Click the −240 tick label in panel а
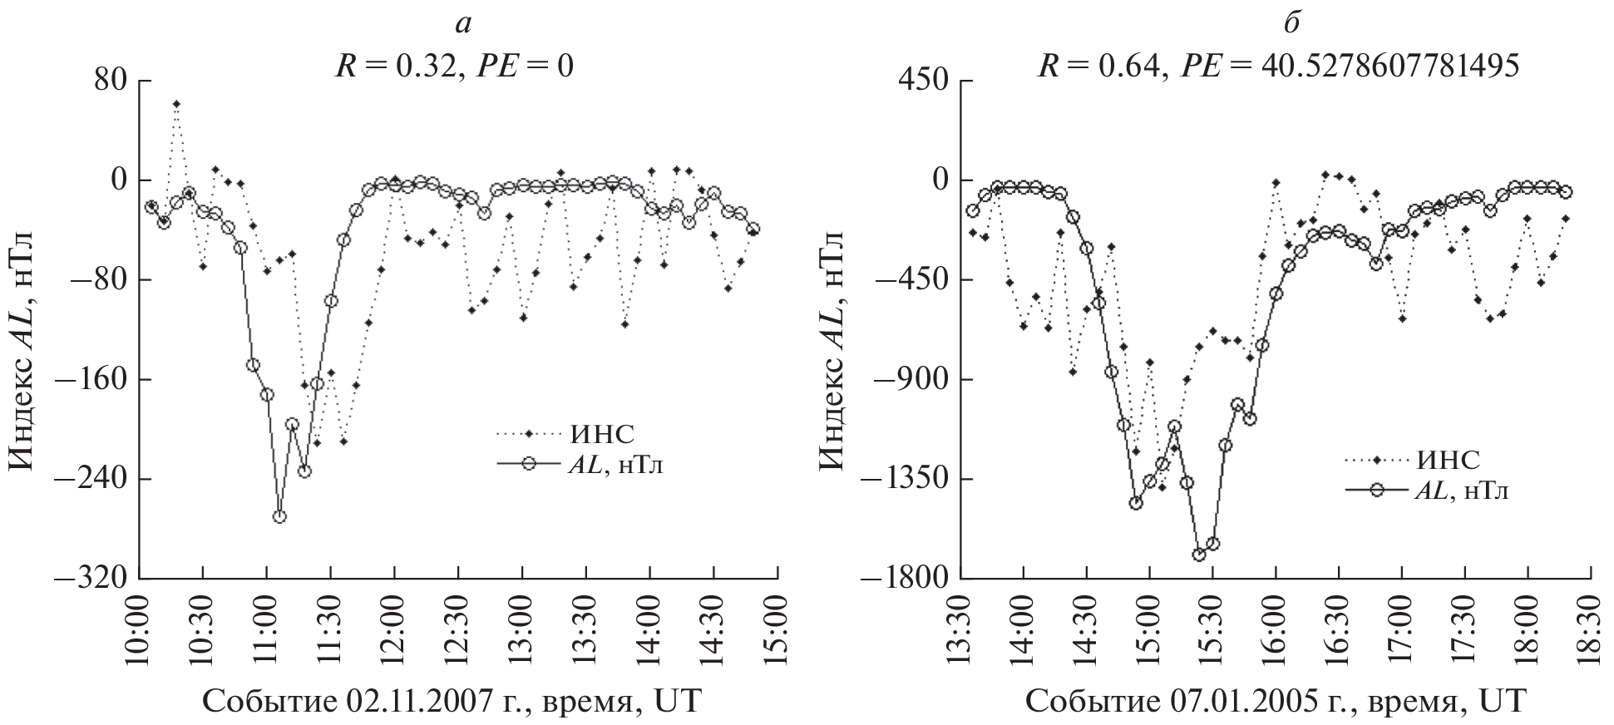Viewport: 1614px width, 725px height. click(x=91, y=480)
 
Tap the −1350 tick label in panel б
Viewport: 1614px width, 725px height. click(x=901, y=480)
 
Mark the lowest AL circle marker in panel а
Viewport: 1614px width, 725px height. click(x=280, y=516)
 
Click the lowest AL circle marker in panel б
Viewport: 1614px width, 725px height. click(x=1199, y=555)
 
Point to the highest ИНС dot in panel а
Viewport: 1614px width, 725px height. click(x=176, y=104)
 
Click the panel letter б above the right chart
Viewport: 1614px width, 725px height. click(x=1291, y=23)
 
